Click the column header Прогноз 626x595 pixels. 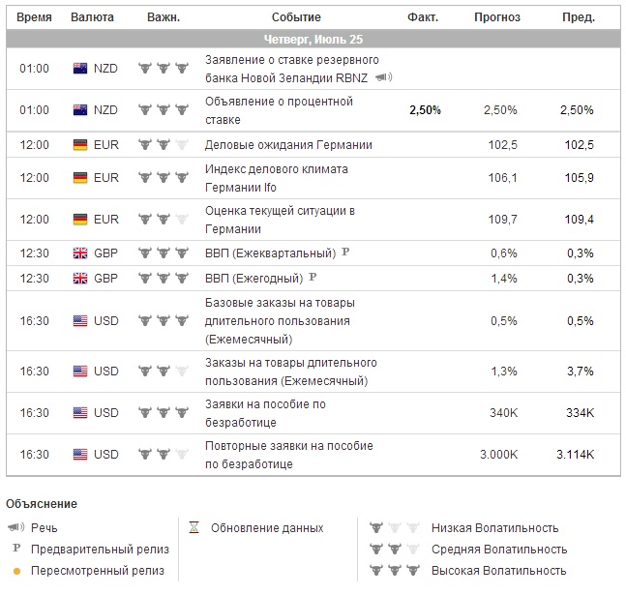tap(496, 17)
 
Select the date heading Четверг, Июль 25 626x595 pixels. tap(313, 39)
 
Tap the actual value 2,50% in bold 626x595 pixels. tap(425, 110)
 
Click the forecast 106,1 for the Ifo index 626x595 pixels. tap(504, 178)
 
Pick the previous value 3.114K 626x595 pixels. tap(575, 455)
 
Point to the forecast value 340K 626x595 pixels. tap(503, 413)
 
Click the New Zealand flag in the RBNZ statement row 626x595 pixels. tap(81, 69)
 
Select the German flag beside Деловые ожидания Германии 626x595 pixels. tap(81, 145)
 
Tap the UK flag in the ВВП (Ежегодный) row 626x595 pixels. tap(81, 278)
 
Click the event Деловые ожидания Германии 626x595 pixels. tap(288, 145)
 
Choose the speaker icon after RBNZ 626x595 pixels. tap(383, 77)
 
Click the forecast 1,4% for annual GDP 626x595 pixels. tap(504, 278)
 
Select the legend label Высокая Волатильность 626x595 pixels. tap(498, 570)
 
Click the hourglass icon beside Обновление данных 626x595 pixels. tap(194, 528)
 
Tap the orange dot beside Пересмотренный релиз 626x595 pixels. tap(15, 570)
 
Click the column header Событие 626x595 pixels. tap(296, 17)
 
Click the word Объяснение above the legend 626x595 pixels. tap(41, 504)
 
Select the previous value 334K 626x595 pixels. tap(581, 413)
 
